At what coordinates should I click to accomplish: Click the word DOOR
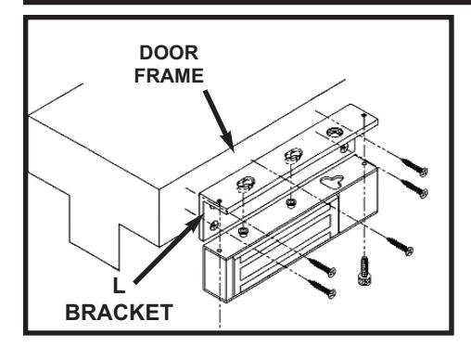click(x=169, y=53)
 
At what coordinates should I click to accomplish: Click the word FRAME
click(x=169, y=76)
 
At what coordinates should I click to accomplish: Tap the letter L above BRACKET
click(x=119, y=286)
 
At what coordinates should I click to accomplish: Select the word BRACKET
click(x=119, y=313)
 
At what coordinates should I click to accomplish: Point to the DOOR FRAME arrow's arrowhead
click(x=228, y=142)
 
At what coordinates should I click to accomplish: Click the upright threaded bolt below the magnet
click(x=364, y=271)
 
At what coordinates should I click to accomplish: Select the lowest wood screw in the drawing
click(x=322, y=287)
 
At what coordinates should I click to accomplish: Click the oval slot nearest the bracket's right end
click(x=335, y=132)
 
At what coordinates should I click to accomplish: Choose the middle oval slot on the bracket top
click(x=293, y=154)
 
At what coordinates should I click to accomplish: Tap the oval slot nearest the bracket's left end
click(x=246, y=183)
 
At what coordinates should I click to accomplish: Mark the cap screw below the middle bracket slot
click(x=290, y=203)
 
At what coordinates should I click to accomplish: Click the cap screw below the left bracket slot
click(x=243, y=232)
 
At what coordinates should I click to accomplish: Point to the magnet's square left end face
click(x=215, y=272)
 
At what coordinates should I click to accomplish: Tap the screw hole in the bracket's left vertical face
click(x=213, y=225)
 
